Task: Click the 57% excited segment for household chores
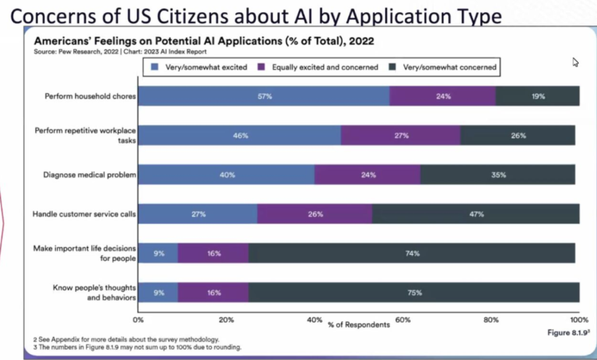[x=264, y=96]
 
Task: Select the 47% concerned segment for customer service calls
[x=475, y=214]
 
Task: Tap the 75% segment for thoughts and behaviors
[x=413, y=292]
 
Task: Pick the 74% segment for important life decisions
[x=412, y=253]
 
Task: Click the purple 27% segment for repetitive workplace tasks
[x=401, y=135]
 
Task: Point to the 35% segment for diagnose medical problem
[x=498, y=174]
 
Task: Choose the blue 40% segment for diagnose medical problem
[x=226, y=174]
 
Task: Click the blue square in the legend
[x=154, y=67]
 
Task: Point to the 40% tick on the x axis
[x=314, y=320]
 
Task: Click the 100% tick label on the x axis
[x=578, y=320]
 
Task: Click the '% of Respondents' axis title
[x=359, y=324]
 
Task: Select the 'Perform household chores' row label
[x=90, y=96]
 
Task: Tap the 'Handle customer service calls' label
[x=85, y=214]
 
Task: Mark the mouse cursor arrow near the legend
[x=575, y=62]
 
